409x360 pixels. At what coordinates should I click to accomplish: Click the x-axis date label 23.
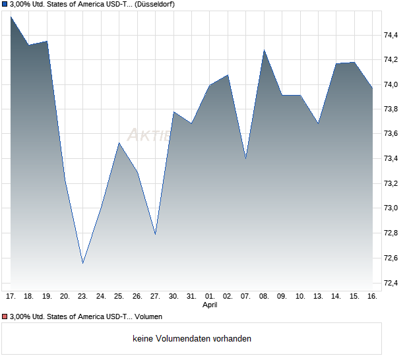(x=82, y=297)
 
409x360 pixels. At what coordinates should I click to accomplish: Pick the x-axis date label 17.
(x=11, y=297)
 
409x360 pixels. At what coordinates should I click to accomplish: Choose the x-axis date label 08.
(x=264, y=297)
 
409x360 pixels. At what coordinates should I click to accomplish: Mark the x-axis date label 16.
(x=372, y=297)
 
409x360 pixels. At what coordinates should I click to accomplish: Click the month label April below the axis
(x=210, y=305)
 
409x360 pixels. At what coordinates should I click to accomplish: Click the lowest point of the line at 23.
(x=82, y=263)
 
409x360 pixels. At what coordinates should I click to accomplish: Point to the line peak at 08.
(x=264, y=50)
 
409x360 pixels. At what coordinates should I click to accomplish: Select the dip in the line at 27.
(x=155, y=234)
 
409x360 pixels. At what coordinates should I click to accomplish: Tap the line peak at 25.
(x=119, y=143)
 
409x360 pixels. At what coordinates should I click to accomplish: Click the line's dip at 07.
(x=246, y=159)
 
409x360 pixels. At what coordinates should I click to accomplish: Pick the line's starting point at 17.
(x=11, y=16)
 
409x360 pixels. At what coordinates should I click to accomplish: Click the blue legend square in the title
(x=5, y=5)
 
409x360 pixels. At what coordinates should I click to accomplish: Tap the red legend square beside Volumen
(x=5, y=317)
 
